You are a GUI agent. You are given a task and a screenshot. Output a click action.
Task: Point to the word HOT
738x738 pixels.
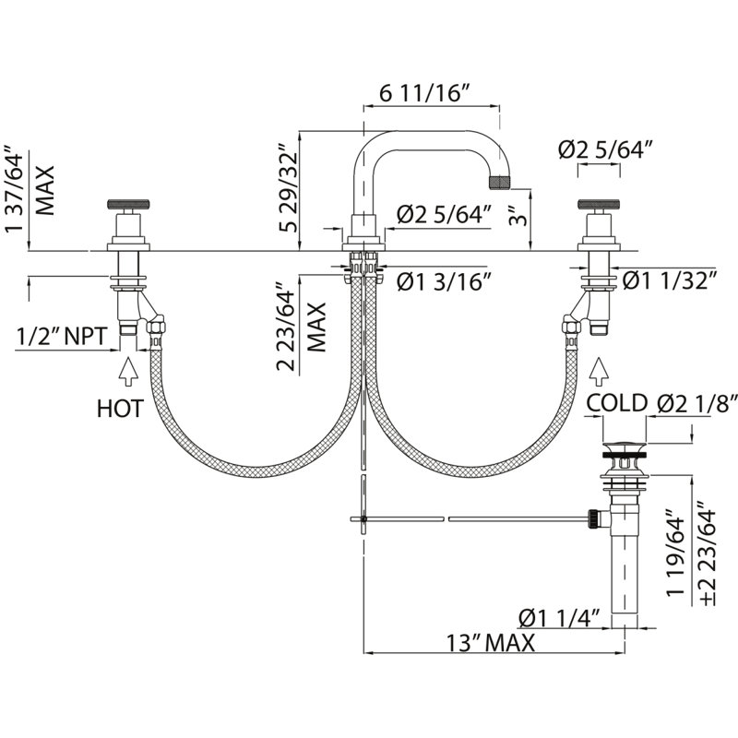coord(120,409)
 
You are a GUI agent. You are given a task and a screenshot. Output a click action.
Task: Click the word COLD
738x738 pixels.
coord(616,403)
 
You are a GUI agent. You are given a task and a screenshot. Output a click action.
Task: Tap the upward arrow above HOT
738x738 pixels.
coord(128,372)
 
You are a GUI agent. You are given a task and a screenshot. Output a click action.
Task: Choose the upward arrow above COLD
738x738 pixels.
coord(599,372)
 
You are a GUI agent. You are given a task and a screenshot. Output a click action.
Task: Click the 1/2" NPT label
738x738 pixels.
coord(62,337)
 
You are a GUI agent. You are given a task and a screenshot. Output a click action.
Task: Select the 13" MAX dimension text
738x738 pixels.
coord(491,642)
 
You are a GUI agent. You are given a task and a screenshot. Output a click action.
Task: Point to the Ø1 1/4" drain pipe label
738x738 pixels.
coord(559,617)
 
